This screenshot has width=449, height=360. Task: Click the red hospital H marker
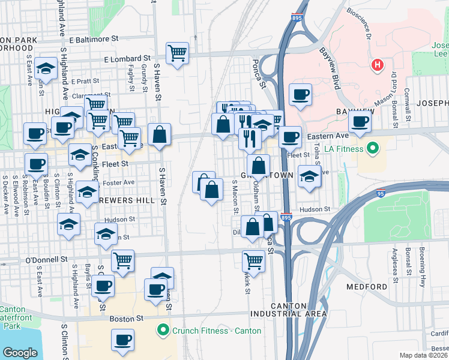(377, 65)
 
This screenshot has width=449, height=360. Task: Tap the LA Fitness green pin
(372, 148)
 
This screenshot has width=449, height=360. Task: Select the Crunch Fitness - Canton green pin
(161, 330)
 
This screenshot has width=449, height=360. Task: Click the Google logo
(20, 352)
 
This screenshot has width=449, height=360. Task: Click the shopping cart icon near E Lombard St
(178, 53)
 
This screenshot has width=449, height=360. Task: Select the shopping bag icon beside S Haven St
(159, 135)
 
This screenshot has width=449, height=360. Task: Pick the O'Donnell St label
(46, 260)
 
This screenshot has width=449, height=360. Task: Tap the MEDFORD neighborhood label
(367, 287)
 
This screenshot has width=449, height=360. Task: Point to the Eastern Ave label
(321, 137)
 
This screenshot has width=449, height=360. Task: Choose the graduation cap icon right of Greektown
(309, 176)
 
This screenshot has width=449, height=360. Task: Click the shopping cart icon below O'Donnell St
(253, 261)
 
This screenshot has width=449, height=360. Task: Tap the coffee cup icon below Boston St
(122, 340)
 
